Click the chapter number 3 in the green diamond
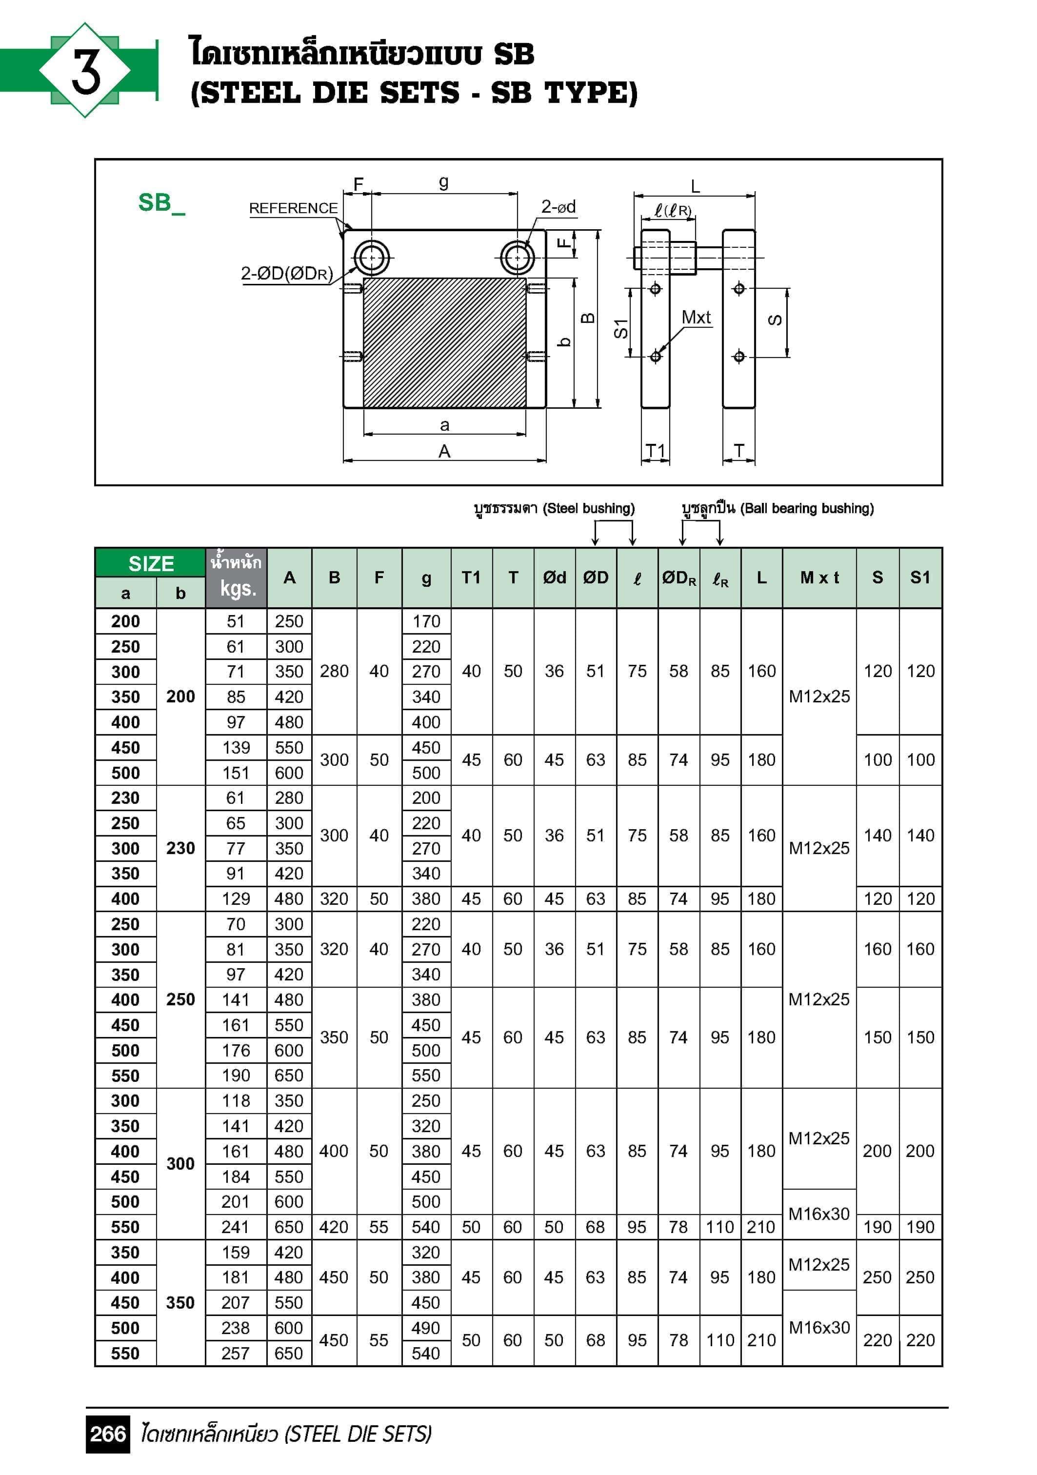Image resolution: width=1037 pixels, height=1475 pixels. point(85,70)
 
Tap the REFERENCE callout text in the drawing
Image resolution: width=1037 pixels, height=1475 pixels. point(293,208)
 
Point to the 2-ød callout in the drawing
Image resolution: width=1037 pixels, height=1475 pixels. point(558,207)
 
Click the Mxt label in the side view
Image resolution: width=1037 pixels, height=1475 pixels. point(696,318)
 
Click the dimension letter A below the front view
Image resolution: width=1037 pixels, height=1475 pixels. point(444,452)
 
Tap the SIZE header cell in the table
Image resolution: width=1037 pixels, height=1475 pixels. point(151,563)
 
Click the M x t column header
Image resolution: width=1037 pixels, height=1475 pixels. point(819,578)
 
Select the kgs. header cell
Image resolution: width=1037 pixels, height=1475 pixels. point(237,588)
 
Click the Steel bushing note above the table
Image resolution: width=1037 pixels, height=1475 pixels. point(554,508)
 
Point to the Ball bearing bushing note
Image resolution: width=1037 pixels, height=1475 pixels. point(778,508)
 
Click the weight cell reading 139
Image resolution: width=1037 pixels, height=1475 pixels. point(236,747)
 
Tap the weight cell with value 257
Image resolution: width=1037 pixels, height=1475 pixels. point(235,1353)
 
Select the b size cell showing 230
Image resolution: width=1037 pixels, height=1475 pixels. point(180,848)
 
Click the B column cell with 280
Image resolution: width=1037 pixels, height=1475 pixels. point(334,671)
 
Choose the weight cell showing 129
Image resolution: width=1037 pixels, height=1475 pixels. point(236,899)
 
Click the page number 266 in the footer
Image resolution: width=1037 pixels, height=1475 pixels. point(108,1434)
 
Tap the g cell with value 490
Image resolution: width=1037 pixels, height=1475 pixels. point(426,1328)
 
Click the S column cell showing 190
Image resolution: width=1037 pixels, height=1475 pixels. point(877,1227)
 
